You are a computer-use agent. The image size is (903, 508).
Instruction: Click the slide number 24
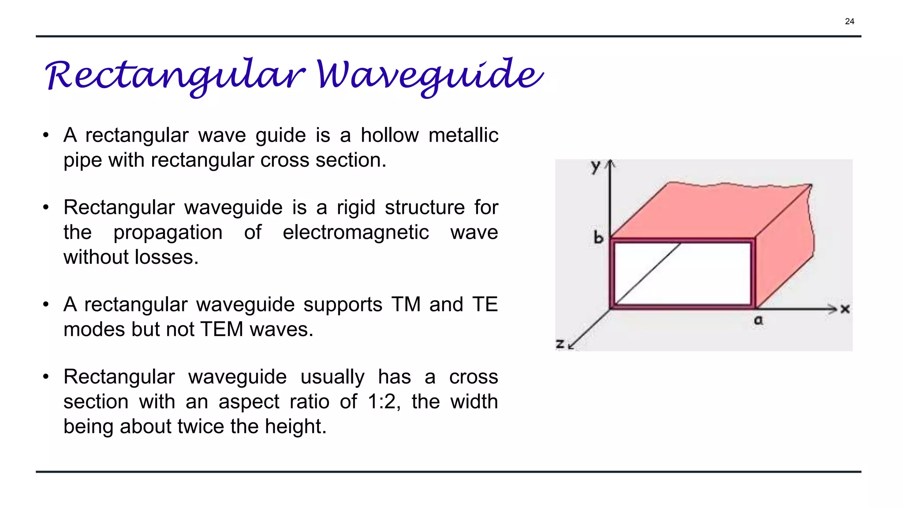(849, 22)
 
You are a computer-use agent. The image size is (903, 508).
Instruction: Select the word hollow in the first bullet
(389, 135)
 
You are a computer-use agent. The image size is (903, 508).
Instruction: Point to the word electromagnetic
(355, 232)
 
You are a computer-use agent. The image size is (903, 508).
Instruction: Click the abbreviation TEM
(221, 329)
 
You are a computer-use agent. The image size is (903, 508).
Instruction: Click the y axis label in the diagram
(596, 167)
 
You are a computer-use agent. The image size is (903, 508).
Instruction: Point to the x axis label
(845, 309)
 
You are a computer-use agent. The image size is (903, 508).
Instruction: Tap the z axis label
(560, 344)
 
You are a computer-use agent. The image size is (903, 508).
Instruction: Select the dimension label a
(758, 321)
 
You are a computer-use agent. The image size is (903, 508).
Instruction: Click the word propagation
(168, 232)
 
